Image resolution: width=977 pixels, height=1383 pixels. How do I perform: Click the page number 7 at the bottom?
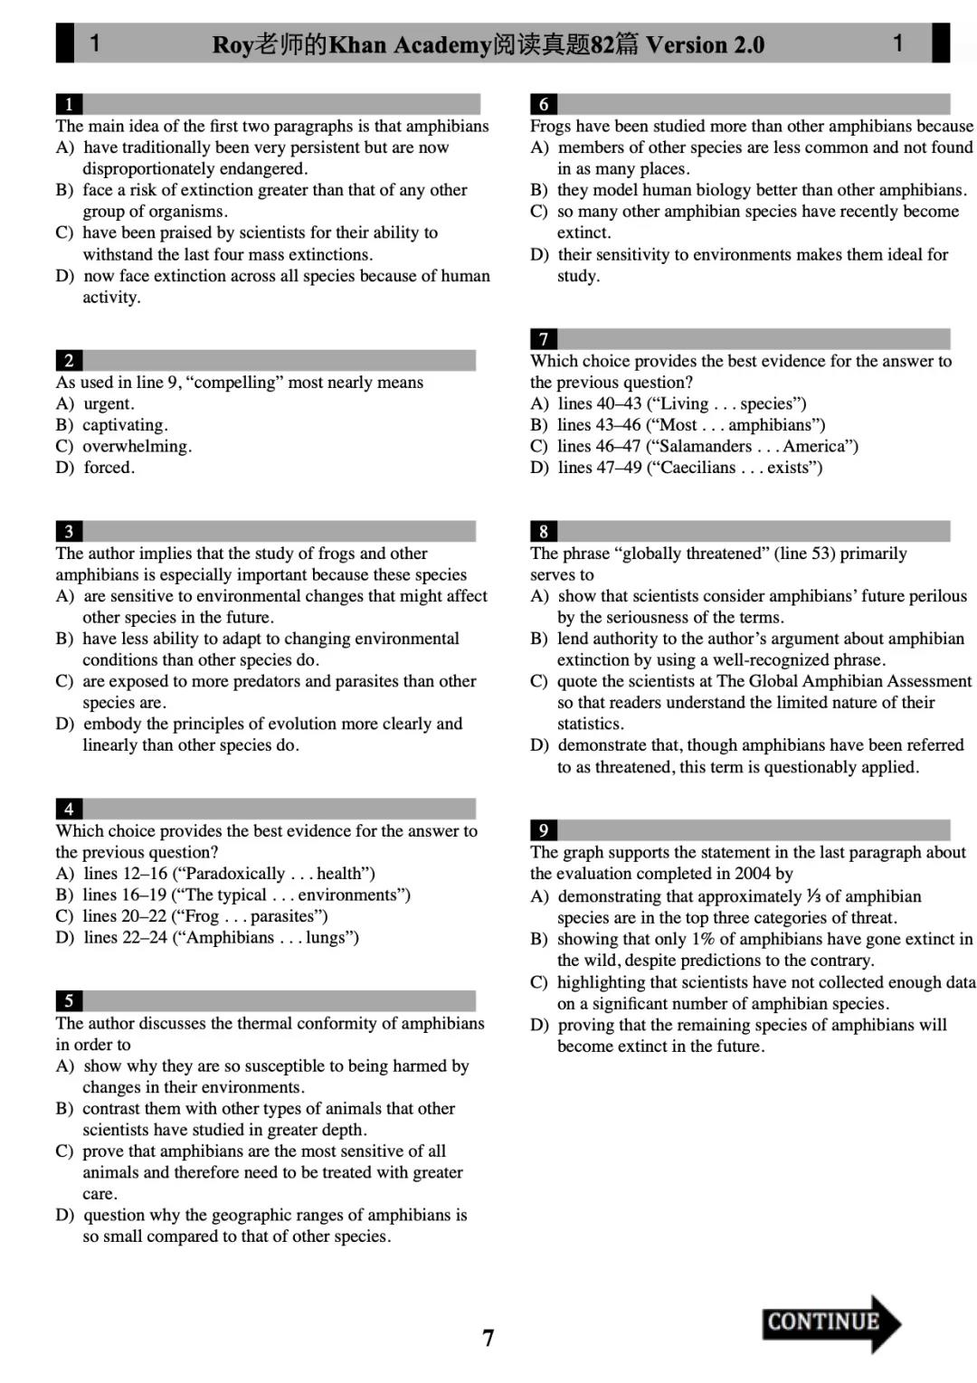tap(488, 1338)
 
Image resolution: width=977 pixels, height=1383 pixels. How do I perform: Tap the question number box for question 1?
tap(69, 104)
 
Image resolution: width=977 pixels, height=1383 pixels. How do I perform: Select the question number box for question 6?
tap(544, 104)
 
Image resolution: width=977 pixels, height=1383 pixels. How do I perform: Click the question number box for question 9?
tap(544, 830)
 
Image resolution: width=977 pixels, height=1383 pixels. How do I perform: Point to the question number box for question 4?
tap(69, 809)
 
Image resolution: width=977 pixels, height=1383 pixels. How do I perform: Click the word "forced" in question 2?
tap(108, 468)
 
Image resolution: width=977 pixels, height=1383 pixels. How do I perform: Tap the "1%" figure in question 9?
tap(703, 939)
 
